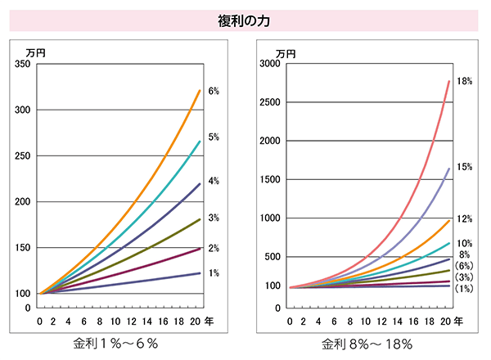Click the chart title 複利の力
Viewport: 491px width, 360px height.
pos(245,20)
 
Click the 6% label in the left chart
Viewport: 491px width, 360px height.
pos(214,91)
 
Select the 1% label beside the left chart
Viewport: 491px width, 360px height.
pos(214,273)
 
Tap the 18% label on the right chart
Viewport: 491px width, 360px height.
pos(465,82)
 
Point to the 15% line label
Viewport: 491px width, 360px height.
pos(465,167)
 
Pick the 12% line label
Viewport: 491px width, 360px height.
pos(465,219)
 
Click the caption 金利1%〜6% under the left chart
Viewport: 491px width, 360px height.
pos(115,343)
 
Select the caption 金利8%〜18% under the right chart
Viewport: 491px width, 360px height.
pos(367,343)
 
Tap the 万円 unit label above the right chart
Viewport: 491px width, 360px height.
pos(286,52)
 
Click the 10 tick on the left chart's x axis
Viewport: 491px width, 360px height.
pos(115,322)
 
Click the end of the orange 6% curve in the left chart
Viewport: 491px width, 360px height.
pos(200,90)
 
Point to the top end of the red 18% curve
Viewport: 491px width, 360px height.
pos(449,80)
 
